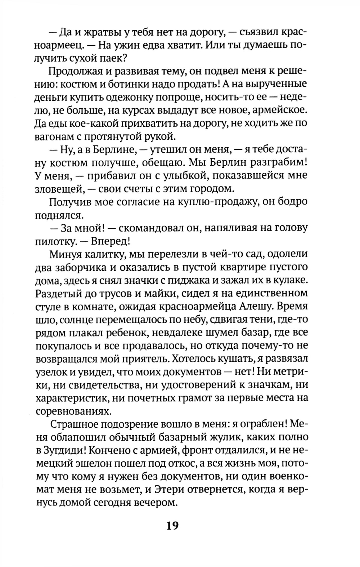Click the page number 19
172,526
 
